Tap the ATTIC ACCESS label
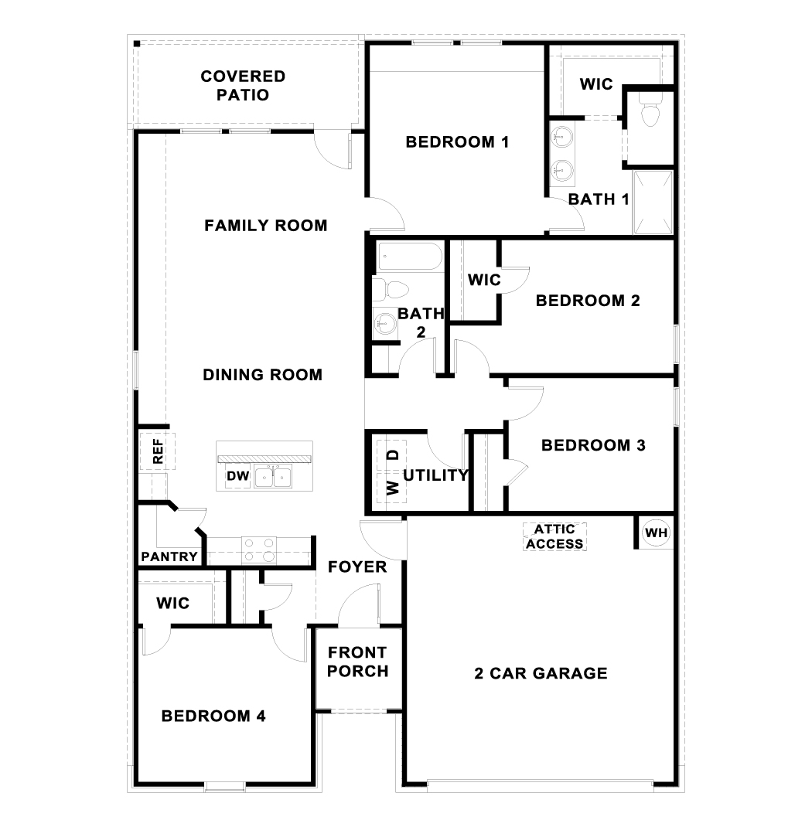pos(554,536)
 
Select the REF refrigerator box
pos(158,451)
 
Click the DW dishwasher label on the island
pos(237,477)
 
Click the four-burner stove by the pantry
pos(259,550)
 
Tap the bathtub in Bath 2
pos(409,257)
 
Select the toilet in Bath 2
pos(390,290)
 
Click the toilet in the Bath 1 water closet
pos(650,114)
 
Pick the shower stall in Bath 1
pos(653,202)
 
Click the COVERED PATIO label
pos(243,86)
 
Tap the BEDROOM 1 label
pos(457,142)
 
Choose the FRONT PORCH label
pos(357,662)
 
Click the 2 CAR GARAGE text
pos(541,673)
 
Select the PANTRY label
pos(169,557)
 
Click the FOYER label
pos(357,567)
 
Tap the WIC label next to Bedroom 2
pos(485,280)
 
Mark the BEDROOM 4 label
pos(213,716)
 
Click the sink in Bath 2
pos(384,321)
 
